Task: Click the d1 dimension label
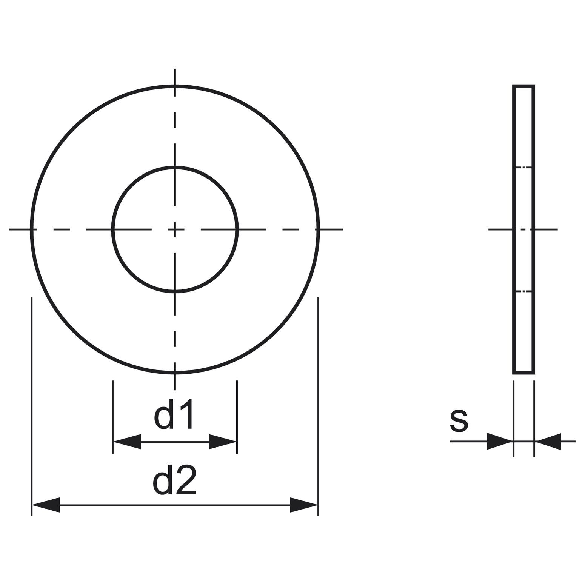[x=174, y=414]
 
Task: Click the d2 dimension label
[x=175, y=480]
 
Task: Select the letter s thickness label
[x=459, y=421]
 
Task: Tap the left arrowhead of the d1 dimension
[x=127, y=442]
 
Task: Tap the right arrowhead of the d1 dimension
[x=223, y=442]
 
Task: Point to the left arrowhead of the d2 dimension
[x=46, y=505]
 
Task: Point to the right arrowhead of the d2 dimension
[x=304, y=505]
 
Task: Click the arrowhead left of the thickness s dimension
[x=499, y=441]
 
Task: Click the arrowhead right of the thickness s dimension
[x=548, y=441]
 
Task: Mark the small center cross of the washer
[x=175, y=229]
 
